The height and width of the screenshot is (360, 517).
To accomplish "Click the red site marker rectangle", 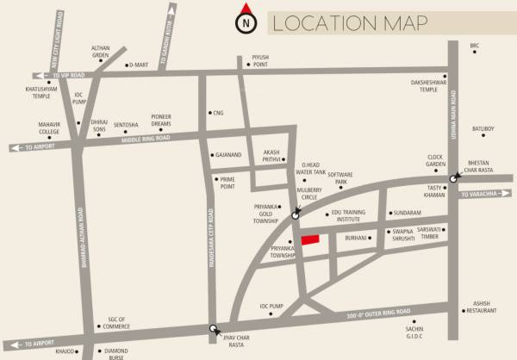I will pos(308,239).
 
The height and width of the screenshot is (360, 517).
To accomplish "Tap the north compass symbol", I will pos(247,22).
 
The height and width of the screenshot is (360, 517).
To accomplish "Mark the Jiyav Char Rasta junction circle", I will pos(214,328).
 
